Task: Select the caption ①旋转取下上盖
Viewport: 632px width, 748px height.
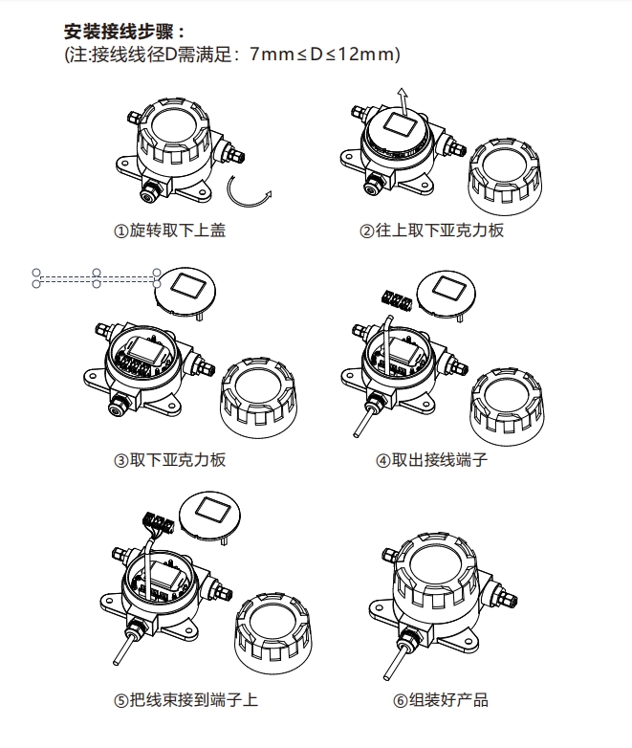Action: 170,231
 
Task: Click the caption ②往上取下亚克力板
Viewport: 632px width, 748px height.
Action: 431,231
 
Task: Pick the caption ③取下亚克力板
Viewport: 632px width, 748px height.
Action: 170,460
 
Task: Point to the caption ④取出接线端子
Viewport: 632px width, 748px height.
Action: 431,460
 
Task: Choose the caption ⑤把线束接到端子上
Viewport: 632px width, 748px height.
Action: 186,700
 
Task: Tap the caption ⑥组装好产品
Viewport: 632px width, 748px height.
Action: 441,700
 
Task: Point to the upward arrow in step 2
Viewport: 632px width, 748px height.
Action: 404,101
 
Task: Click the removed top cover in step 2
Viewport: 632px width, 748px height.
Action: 506,177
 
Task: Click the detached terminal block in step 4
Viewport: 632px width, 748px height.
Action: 397,299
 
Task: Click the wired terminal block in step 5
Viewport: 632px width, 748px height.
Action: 158,521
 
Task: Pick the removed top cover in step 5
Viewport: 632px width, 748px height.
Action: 272,633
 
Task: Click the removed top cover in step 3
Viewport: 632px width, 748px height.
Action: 258,398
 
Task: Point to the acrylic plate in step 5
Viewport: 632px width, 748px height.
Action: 209,518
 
